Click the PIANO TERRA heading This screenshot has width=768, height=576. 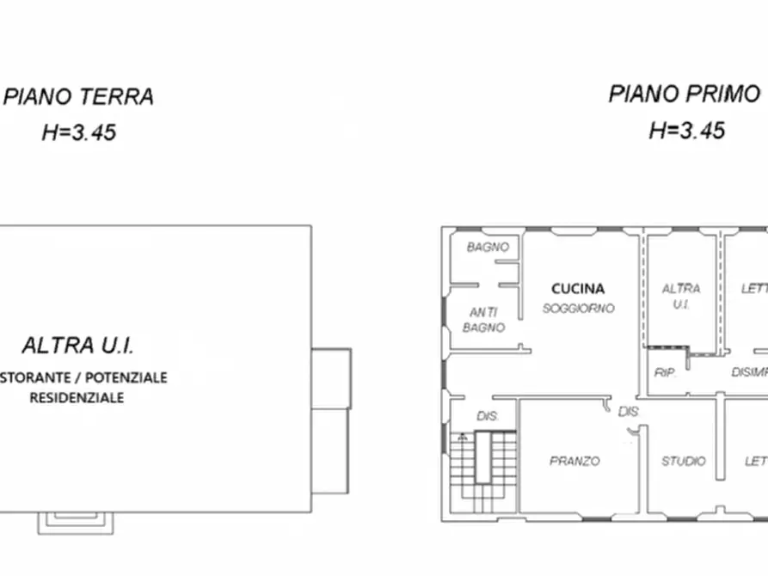(x=79, y=96)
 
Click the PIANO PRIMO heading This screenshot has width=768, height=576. (x=685, y=94)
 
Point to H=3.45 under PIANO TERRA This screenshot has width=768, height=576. (x=79, y=132)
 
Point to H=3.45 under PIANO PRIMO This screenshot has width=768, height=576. (x=686, y=130)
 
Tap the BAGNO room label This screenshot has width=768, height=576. (x=488, y=248)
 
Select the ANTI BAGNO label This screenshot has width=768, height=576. (x=484, y=320)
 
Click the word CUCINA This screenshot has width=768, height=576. (x=578, y=289)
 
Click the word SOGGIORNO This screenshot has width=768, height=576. (x=578, y=308)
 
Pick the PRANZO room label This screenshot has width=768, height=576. (x=574, y=462)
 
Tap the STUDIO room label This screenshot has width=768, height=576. (x=683, y=462)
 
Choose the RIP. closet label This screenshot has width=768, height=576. (x=664, y=373)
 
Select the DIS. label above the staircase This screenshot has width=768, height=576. (x=488, y=417)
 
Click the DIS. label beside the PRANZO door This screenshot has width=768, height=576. (x=629, y=412)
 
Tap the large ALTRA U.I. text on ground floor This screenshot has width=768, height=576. (x=78, y=346)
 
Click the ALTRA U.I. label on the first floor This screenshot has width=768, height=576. (x=681, y=297)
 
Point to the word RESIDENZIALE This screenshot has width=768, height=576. (x=77, y=398)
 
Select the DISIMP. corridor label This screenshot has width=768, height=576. (x=748, y=372)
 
